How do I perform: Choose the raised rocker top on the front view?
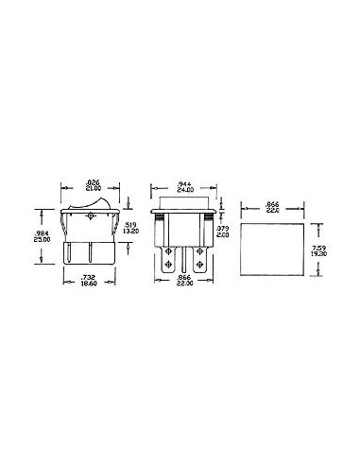pos(184,201)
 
